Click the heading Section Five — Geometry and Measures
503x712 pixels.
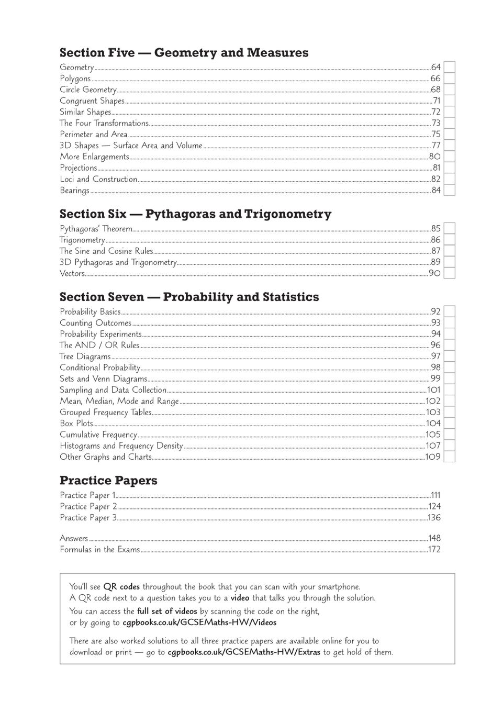pyautogui.click(x=184, y=53)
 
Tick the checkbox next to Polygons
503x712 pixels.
pyautogui.click(x=449, y=79)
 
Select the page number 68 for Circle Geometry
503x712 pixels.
pyautogui.click(x=435, y=90)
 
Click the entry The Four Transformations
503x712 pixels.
pyautogui.click(x=104, y=123)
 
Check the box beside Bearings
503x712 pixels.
pyautogui.click(x=449, y=190)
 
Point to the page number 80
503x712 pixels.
pyautogui.click(x=434, y=157)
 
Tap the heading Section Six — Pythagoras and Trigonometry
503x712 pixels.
pyautogui.click(x=195, y=214)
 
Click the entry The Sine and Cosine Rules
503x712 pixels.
pyautogui.click(x=106, y=251)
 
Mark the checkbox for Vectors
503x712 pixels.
pyautogui.click(x=449, y=273)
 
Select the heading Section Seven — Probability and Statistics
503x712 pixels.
pyautogui.click(x=189, y=297)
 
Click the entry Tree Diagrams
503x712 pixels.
pyautogui.click(x=85, y=357)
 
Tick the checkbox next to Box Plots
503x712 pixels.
pyautogui.click(x=449, y=423)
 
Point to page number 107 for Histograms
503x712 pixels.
pyautogui.click(x=433, y=446)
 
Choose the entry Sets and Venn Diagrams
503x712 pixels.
pyautogui.click(x=104, y=379)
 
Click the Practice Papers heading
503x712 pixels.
pyautogui.click(x=108, y=481)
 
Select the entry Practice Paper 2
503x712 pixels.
pyautogui.click(x=88, y=506)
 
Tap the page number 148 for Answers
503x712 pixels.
pyautogui.click(x=434, y=538)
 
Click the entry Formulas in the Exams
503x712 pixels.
pyautogui.click(x=99, y=549)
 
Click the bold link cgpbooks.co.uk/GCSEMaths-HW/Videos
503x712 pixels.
pyautogui.click(x=199, y=622)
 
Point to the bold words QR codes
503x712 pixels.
pyautogui.click(x=121, y=586)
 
